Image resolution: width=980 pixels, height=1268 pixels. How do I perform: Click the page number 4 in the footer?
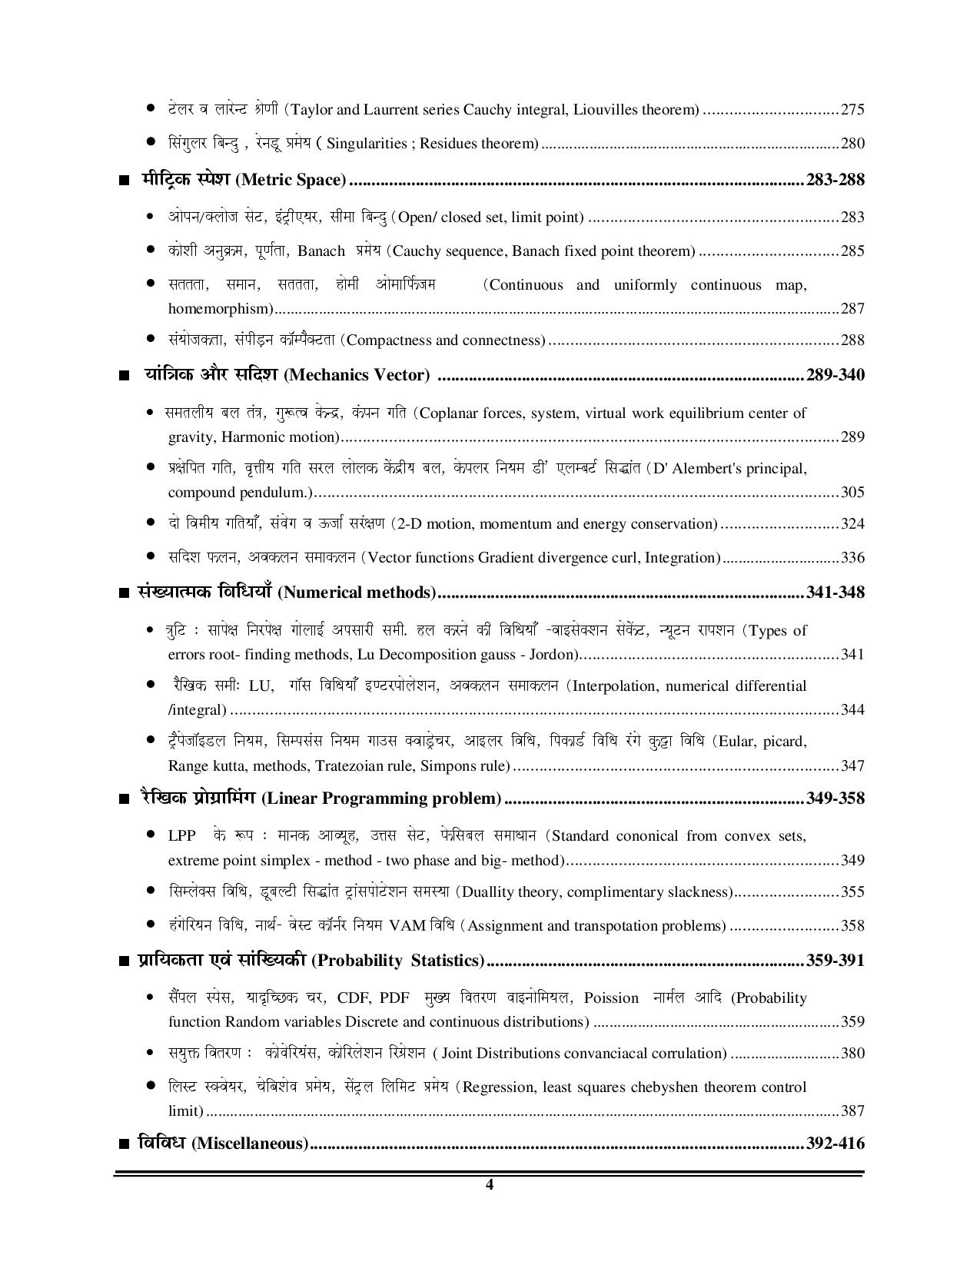point(490,1184)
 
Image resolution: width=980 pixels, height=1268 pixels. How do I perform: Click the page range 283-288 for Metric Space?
point(835,180)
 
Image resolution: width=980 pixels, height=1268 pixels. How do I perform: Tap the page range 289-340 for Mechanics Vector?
point(835,375)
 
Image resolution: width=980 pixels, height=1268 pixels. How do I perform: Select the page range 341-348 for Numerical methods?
point(835,593)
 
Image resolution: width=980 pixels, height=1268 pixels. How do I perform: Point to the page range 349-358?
point(835,798)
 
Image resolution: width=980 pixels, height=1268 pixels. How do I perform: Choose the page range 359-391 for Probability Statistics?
point(835,961)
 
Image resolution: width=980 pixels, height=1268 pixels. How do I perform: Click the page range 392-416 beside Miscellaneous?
point(835,1144)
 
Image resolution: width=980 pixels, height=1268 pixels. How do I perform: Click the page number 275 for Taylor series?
point(852,109)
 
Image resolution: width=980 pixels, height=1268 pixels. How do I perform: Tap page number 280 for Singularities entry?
point(852,144)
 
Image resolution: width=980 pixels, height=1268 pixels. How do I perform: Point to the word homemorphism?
point(220,309)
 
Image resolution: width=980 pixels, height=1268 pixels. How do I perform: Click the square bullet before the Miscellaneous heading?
point(125,1145)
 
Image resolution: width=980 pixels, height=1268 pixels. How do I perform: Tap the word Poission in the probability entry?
point(611,998)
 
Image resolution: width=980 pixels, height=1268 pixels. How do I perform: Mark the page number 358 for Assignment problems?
point(852,926)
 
